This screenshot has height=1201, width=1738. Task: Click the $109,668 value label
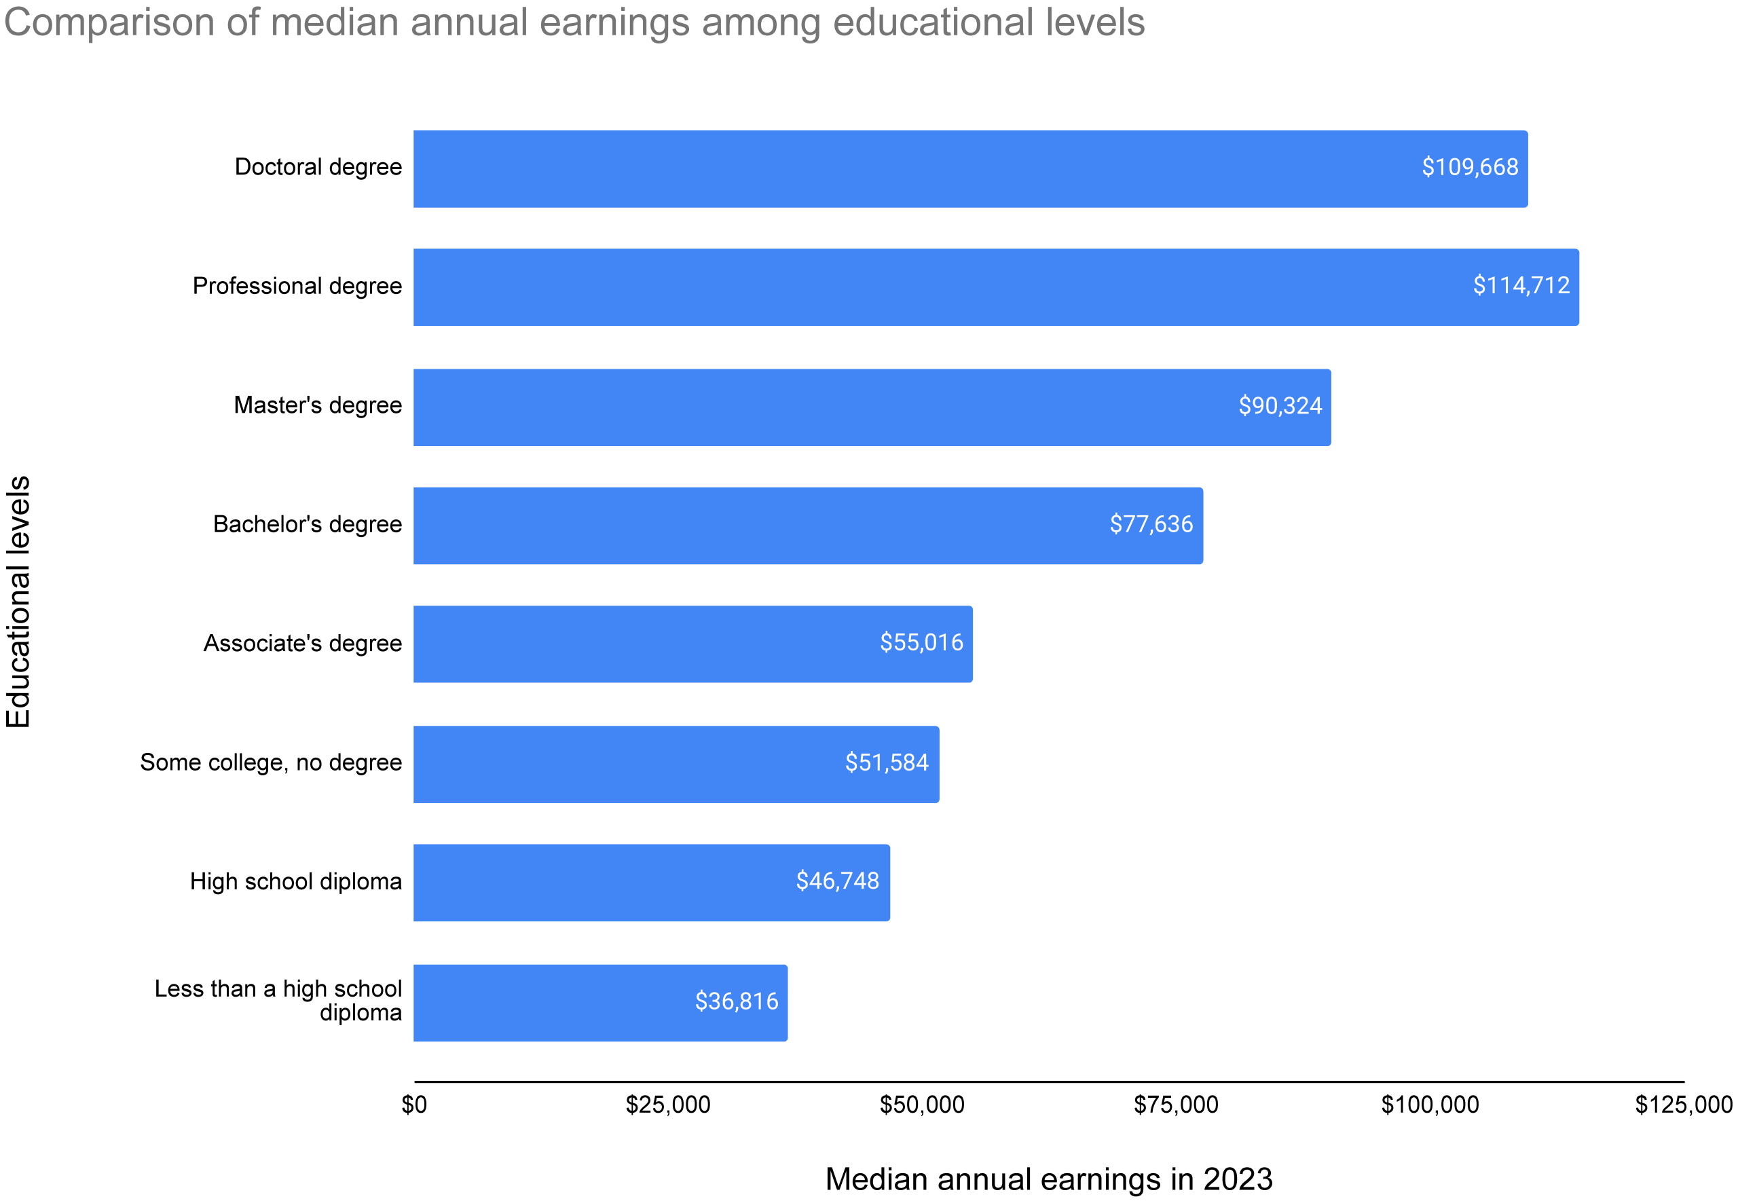(x=1468, y=167)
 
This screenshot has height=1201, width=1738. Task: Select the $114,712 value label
(x=1521, y=286)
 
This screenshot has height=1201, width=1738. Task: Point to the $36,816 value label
(x=736, y=1001)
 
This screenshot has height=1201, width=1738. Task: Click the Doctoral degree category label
(x=318, y=167)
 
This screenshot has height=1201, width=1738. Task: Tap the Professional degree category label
(x=297, y=286)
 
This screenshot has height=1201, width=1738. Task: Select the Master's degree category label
(x=318, y=405)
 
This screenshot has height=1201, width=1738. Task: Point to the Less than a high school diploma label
(x=278, y=1001)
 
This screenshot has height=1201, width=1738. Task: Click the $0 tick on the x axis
(x=414, y=1105)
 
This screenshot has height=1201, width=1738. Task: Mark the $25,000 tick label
(x=667, y=1105)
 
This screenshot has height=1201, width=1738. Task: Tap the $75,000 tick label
(x=1175, y=1105)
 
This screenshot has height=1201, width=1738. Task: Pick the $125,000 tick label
(x=1683, y=1105)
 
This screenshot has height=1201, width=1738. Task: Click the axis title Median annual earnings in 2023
(x=1048, y=1179)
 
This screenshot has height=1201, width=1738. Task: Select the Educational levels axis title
(x=18, y=602)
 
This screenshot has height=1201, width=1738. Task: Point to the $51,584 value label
(x=886, y=763)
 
